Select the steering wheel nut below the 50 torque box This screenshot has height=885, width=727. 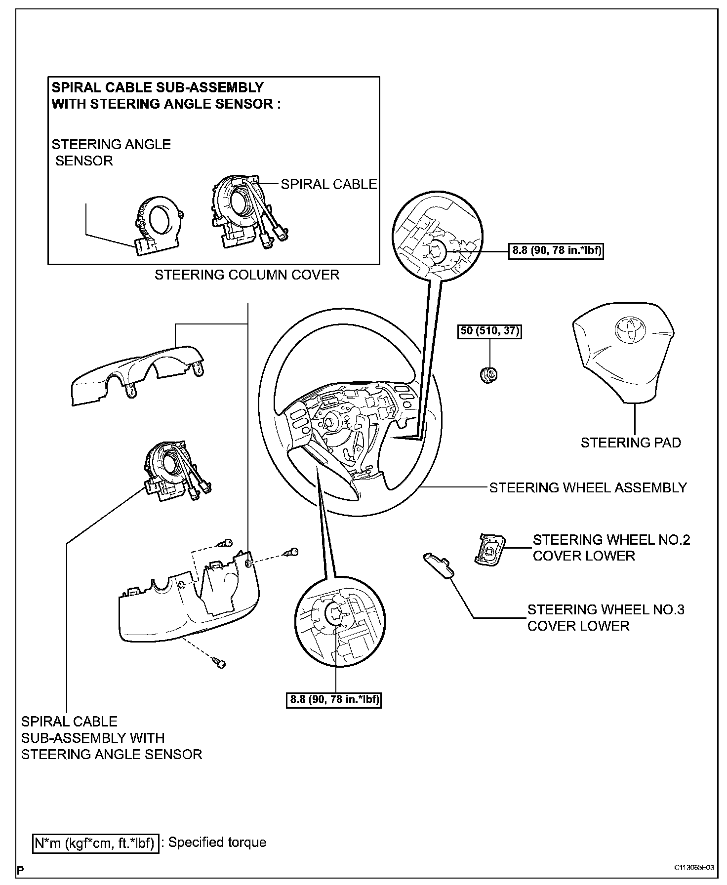[489, 375]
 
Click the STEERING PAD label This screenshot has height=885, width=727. [631, 442]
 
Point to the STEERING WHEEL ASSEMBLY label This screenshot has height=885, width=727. [588, 487]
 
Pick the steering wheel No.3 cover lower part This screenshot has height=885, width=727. [439, 564]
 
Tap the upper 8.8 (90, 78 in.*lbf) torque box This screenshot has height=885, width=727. [556, 250]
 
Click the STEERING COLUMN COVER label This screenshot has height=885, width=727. [247, 275]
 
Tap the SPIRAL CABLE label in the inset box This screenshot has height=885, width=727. [329, 184]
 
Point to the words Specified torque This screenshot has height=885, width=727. [217, 842]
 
